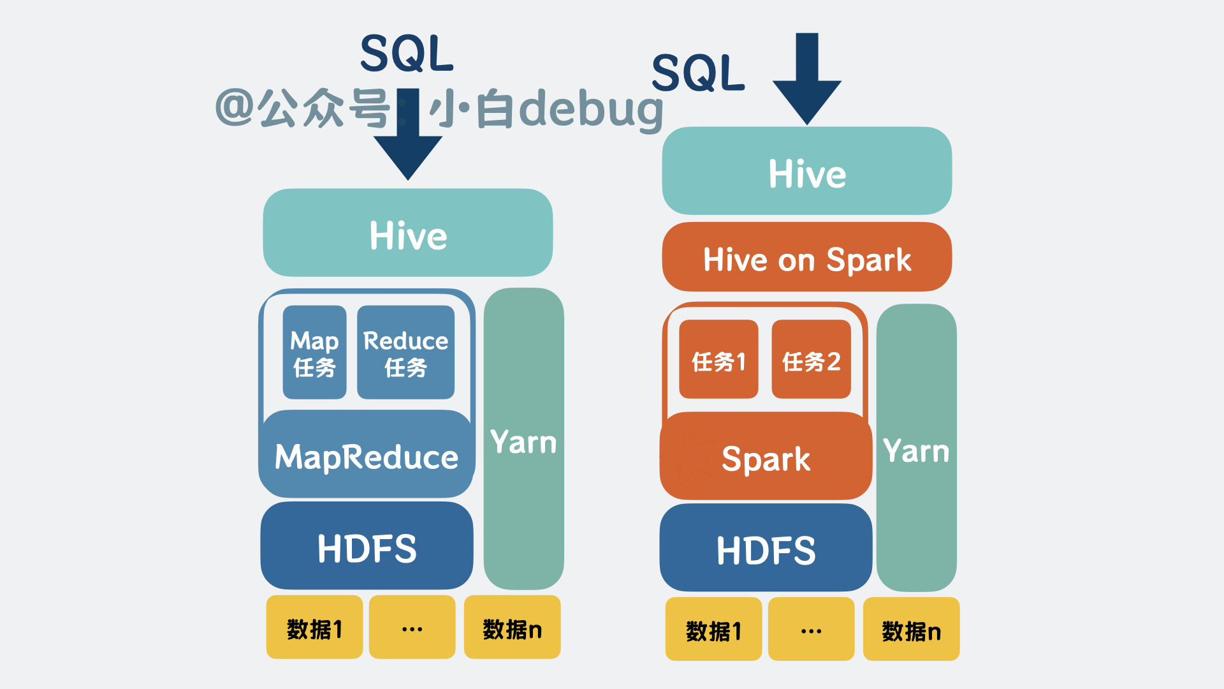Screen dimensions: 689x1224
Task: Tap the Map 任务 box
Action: tap(314, 352)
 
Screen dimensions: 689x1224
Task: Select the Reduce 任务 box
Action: tap(405, 352)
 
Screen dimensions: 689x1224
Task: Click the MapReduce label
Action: tap(367, 457)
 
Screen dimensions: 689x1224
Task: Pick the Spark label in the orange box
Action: tap(766, 459)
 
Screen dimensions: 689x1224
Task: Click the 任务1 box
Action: tap(718, 360)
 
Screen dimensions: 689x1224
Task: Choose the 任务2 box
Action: tap(811, 360)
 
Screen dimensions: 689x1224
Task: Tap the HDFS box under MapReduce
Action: tap(367, 547)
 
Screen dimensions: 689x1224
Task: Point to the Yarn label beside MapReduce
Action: tap(523, 442)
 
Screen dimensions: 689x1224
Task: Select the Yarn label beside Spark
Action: tap(916, 450)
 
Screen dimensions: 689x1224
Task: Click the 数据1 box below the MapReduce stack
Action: tap(314, 628)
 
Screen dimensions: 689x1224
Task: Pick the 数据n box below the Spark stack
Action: tap(911, 630)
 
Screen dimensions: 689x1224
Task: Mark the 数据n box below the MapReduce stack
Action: tap(512, 628)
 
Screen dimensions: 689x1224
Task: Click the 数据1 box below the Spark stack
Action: tap(713, 630)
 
